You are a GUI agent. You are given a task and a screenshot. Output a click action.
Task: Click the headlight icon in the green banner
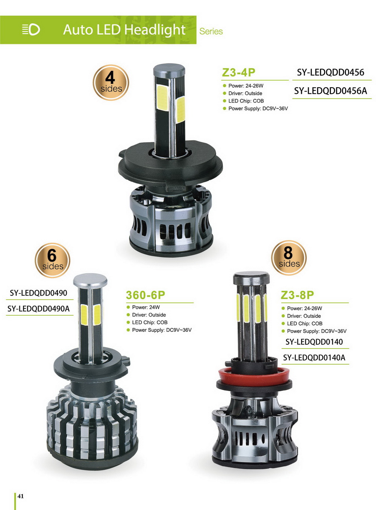(x=31, y=30)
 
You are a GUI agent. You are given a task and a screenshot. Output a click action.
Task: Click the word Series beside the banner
(x=211, y=32)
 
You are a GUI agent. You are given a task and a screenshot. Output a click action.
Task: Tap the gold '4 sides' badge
(x=111, y=82)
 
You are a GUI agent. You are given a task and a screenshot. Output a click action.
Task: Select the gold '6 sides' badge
(x=52, y=260)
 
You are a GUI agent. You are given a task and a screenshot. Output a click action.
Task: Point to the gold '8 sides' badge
(x=289, y=258)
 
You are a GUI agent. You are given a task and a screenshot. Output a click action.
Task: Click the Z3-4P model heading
(x=238, y=73)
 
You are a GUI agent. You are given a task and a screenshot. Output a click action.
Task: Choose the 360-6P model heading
(x=146, y=295)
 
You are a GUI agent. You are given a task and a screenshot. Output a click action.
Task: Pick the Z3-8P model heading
(x=297, y=295)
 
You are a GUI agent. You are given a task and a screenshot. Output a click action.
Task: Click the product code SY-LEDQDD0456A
(x=331, y=91)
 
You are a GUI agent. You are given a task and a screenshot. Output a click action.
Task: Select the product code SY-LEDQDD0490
(x=38, y=293)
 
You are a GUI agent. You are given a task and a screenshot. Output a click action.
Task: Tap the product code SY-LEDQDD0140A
(x=314, y=357)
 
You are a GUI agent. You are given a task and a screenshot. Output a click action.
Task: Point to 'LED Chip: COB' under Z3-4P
(x=243, y=101)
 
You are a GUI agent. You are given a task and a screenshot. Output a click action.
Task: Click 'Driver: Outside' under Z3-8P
(x=301, y=316)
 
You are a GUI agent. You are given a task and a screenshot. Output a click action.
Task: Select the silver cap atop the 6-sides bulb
(x=90, y=281)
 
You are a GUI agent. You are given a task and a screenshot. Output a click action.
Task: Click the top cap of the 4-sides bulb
(x=169, y=71)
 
